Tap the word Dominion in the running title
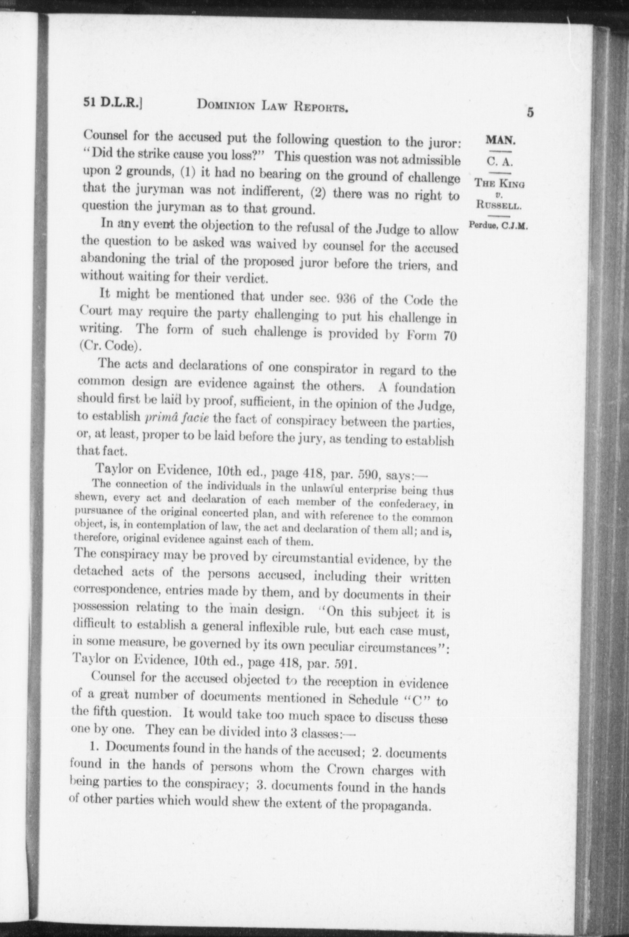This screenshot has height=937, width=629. (226, 105)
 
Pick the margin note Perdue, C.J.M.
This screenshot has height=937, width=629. (498, 226)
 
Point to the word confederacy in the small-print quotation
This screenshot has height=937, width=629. (407, 504)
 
